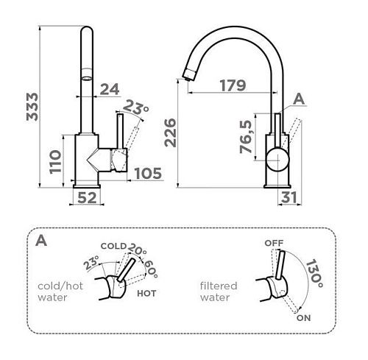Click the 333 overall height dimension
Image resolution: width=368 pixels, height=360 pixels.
(32, 107)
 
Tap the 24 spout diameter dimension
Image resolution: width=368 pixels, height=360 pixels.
(110, 89)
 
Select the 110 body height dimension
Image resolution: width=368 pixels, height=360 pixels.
(55, 162)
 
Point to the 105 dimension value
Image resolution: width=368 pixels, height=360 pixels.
(148, 173)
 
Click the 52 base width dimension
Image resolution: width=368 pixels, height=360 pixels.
(87, 197)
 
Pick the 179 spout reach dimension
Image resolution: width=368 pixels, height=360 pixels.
(233, 85)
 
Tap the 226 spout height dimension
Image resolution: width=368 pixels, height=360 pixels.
(170, 133)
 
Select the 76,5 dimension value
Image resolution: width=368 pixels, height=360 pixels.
(246, 136)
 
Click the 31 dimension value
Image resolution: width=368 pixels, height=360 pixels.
(289, 197)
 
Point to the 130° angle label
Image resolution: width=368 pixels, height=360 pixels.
(314, 273)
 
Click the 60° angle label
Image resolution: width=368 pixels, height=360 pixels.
(150, 269)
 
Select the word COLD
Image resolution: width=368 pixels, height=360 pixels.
(113, 246)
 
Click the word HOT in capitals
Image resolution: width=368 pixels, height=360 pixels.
(146, 293)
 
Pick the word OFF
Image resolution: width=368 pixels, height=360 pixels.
(274, 243)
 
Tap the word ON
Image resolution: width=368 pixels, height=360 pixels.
(303, 318)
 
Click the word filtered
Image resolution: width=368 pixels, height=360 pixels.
(219, 286)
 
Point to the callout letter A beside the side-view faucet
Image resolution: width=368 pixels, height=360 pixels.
(299, 99)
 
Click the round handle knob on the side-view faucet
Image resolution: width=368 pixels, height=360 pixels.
(278, 159)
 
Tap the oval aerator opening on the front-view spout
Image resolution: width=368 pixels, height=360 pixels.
(87, 79)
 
